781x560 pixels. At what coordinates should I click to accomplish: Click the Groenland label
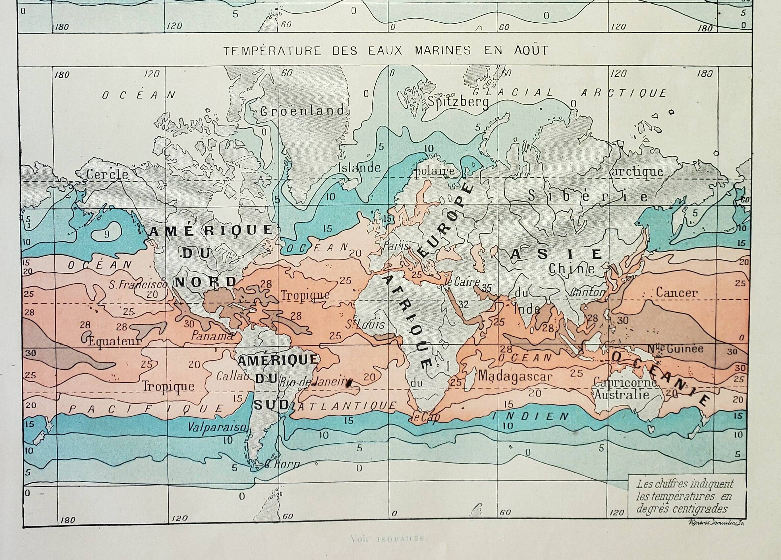pos(302,110)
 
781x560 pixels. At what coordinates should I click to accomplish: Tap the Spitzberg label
pos(458,102)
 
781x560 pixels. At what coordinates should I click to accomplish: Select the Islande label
pos(360,168)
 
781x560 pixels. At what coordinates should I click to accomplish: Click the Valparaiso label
pos(217,427)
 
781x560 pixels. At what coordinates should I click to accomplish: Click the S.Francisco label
pos(138,285)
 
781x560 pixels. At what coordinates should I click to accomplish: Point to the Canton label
pos(588,293)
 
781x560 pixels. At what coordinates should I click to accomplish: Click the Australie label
pos(622,394)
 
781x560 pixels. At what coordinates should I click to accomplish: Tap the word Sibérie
pos(588,197)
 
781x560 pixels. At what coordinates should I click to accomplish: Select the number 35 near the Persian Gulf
pos(487,288)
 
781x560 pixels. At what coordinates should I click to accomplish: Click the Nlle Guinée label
pos(675,349)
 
